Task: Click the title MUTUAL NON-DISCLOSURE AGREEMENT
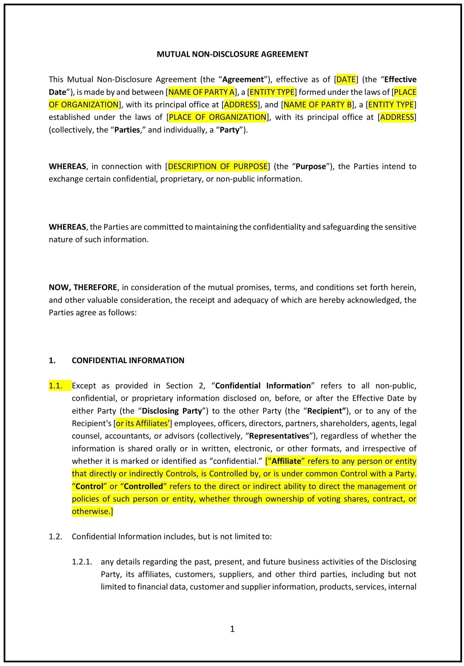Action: pyautogui.click(x=232, y=54)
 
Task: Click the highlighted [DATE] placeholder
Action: pyautogui.click(x=346, y=79)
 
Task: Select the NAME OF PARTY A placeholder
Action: pyautogui.click(x=201, y=92)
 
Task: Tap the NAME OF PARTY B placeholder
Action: pyautogui.click(x=317, y=104)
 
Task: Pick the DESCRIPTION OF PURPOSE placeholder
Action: pyautogui.click(x=217, y=166)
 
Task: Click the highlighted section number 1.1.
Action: pyautogui.click(x=56, y=385)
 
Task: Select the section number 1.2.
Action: pyautogui.click(x=56, y=536)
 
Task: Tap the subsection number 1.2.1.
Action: pyautogui.click(x=82, y=562)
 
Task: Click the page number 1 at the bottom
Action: pyautogui.click(x=232, y=629)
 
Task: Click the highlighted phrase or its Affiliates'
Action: pyautogui.click(x=142, y=423)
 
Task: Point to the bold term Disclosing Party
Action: pyautogui.click(x=172, y=411)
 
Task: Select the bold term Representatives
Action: pyautogui.click(x=279, y=436)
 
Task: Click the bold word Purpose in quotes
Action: pyautogui.click(x=311, y=166)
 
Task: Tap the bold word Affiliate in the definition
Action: pyautogui.click(x=286, y=461)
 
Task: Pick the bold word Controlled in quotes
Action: pyautogui.click(x=143, y=486)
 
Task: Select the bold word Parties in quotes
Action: pyautogui.click(x=127, y=130)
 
